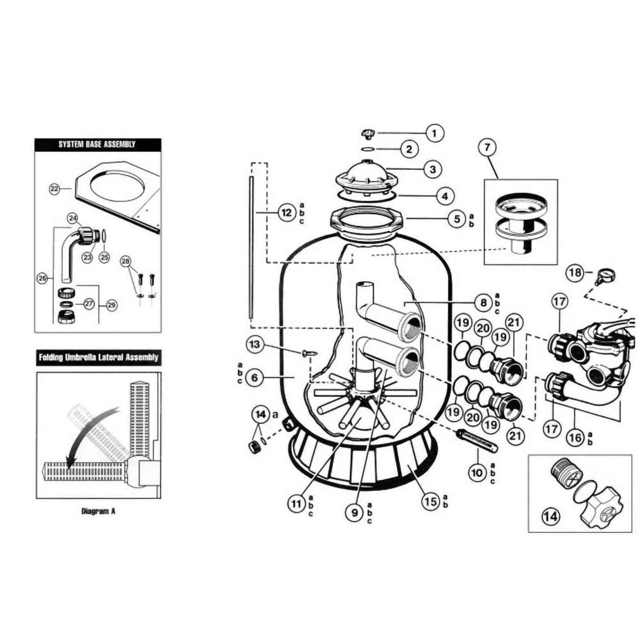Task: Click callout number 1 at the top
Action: [x=434, y=133]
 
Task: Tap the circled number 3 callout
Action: [x=433, y=169]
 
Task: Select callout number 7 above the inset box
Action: [x=487, y=147]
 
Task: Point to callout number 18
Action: [x=575, y=272]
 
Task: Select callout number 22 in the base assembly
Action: [x=54, y=188]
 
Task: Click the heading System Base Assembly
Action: [x=97, y=144]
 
